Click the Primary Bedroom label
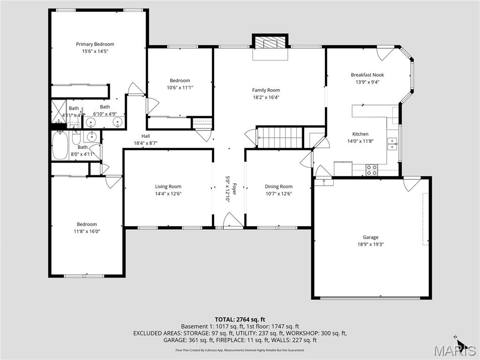95,44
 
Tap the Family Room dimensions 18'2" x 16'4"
266,97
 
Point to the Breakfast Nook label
367,75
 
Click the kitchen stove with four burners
372,170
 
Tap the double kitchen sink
392,143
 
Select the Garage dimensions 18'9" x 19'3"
370,244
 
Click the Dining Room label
278,187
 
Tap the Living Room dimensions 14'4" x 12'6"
168,194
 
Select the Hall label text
145,136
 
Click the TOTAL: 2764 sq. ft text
240,319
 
